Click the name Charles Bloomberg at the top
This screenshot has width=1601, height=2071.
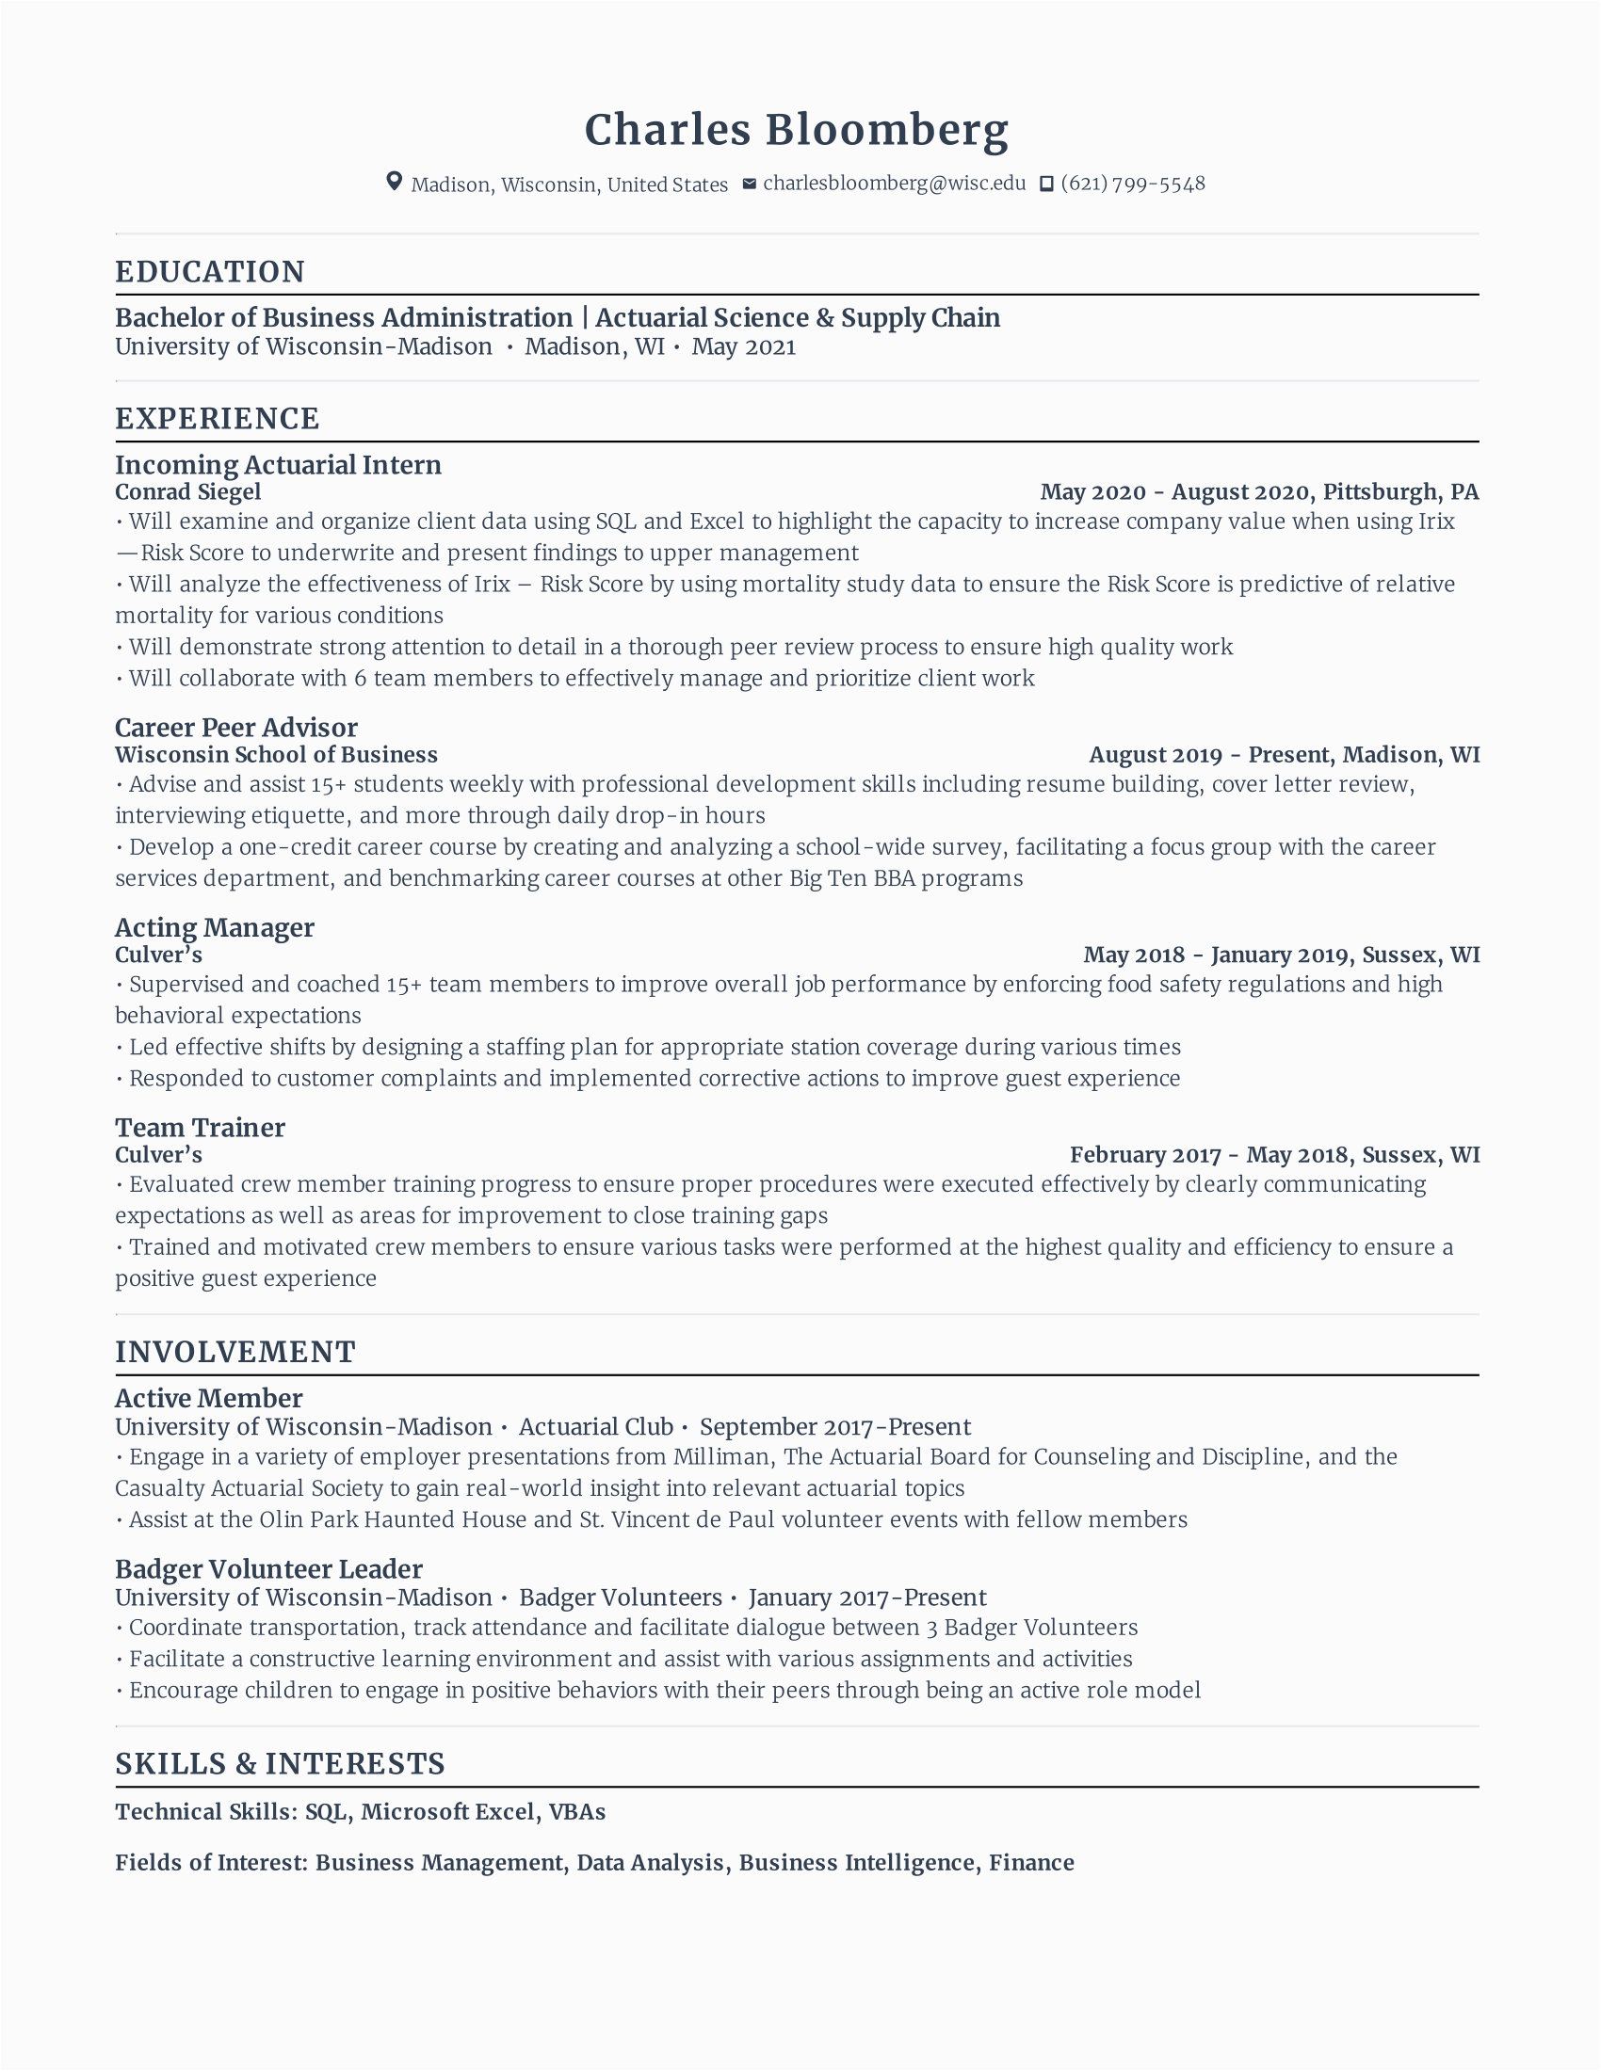796,130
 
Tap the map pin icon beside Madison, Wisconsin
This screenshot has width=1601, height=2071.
395,182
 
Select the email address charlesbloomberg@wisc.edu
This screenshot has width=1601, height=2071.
894,183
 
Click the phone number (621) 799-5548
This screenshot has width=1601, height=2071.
1132,183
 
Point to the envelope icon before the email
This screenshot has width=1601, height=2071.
750,183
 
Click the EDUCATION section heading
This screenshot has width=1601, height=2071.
210,272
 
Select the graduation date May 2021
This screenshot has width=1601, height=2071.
744,347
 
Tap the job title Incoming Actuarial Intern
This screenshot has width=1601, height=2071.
278,465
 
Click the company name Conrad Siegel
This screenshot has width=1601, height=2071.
187,492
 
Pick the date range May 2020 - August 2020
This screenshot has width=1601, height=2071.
1175,492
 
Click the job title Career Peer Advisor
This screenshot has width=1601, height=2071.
236,728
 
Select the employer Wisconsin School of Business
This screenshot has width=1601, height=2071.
276,755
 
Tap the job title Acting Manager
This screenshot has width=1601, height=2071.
215,927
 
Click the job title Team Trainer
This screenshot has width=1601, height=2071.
200,1128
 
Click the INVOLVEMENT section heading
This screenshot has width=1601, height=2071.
235,1352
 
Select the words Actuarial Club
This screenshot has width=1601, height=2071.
595,1427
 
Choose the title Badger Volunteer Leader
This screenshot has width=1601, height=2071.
268,1569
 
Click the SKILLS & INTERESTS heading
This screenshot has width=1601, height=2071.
280,1764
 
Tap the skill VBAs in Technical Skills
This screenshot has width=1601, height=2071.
576,1812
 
